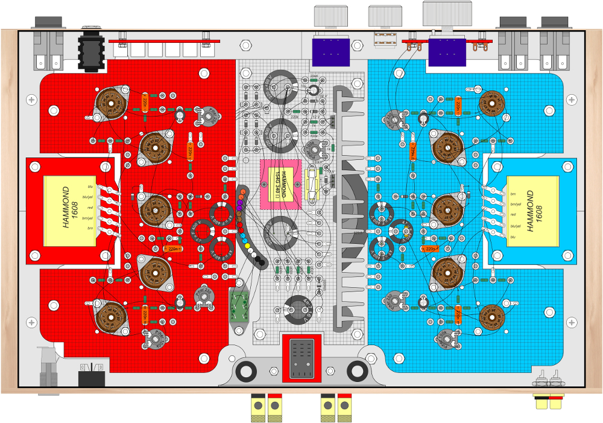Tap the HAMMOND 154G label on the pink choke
pyautogui.click(x=280, y=185)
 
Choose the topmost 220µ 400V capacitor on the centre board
pyautogui.click(x=279, y=87)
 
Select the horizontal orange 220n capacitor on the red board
pyautogui.click(x=172, y=248)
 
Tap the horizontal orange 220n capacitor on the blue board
pyautogui.click(x=430, y=248)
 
